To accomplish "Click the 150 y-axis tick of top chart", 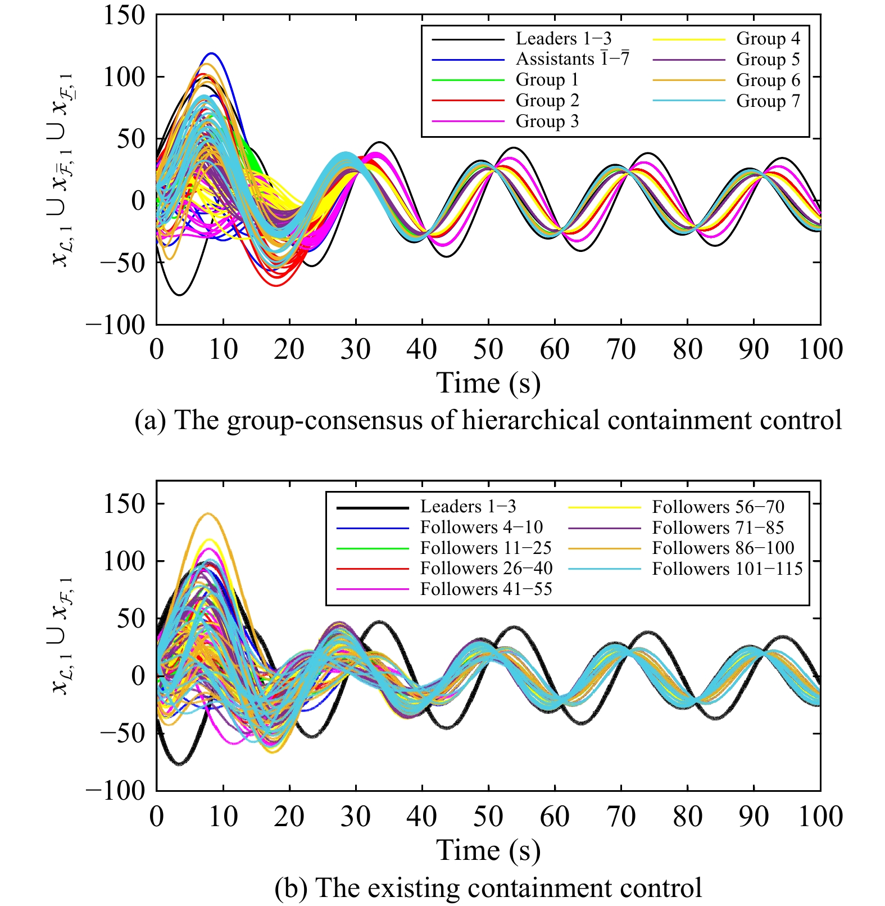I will [x=124, y=15].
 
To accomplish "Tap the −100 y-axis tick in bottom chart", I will [x=116, y=791].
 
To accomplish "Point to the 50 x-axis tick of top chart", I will [x=488, y=349].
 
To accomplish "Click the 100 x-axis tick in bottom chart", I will [x=820, y=817].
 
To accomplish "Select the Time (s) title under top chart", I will [x=488, y=384].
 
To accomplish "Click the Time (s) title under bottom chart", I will [x=488, y=850].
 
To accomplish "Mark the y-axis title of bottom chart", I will [x=61, y=635].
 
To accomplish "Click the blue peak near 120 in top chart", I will [x=211, y=54].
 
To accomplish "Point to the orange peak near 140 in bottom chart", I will [x=208, y=514].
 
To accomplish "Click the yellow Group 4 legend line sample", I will [x=689, y=39].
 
